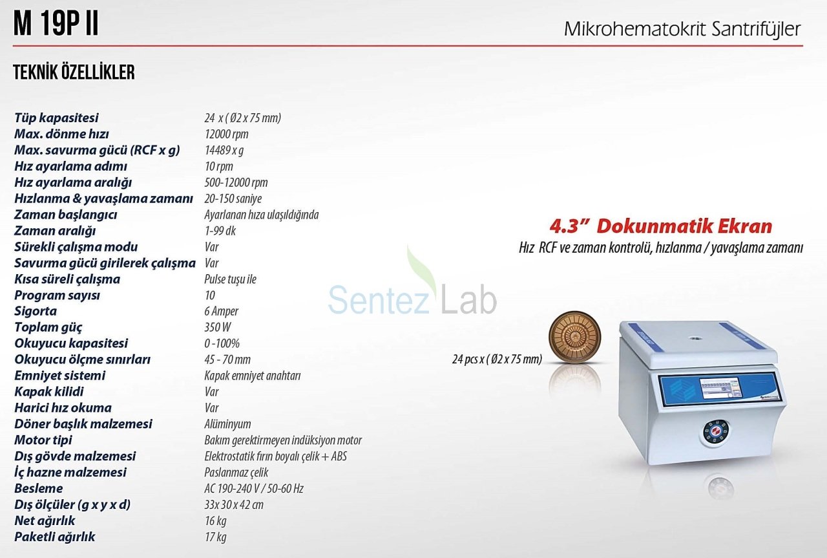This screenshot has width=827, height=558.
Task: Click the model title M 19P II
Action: [56, 24]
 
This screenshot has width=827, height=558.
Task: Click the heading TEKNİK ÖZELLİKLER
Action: [74, 72]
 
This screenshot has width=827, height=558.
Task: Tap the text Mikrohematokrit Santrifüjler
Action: [682, 29]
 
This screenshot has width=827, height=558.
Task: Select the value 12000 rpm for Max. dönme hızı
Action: [226, 134]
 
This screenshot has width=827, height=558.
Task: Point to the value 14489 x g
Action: [224, 150]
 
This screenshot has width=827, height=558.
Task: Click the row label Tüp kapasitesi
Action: [56, 118]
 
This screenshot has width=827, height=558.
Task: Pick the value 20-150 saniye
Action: [233, 199]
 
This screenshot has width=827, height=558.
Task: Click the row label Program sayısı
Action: [58, 295]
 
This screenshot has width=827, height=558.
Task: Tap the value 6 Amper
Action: [221, 311]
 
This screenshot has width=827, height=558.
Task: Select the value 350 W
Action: [218, 327]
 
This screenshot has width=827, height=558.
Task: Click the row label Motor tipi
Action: [43, 440]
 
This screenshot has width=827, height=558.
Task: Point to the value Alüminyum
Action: [227, 424]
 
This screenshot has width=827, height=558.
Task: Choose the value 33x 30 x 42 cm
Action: [234, 504]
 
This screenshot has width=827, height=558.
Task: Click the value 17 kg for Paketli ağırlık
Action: [216, 537]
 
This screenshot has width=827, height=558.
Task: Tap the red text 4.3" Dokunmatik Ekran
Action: [661, 226]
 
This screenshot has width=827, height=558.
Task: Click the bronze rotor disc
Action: [575, 338]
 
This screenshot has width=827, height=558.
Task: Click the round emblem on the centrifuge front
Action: [715, 433]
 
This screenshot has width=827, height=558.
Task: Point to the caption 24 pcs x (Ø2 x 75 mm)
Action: [497, 359]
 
